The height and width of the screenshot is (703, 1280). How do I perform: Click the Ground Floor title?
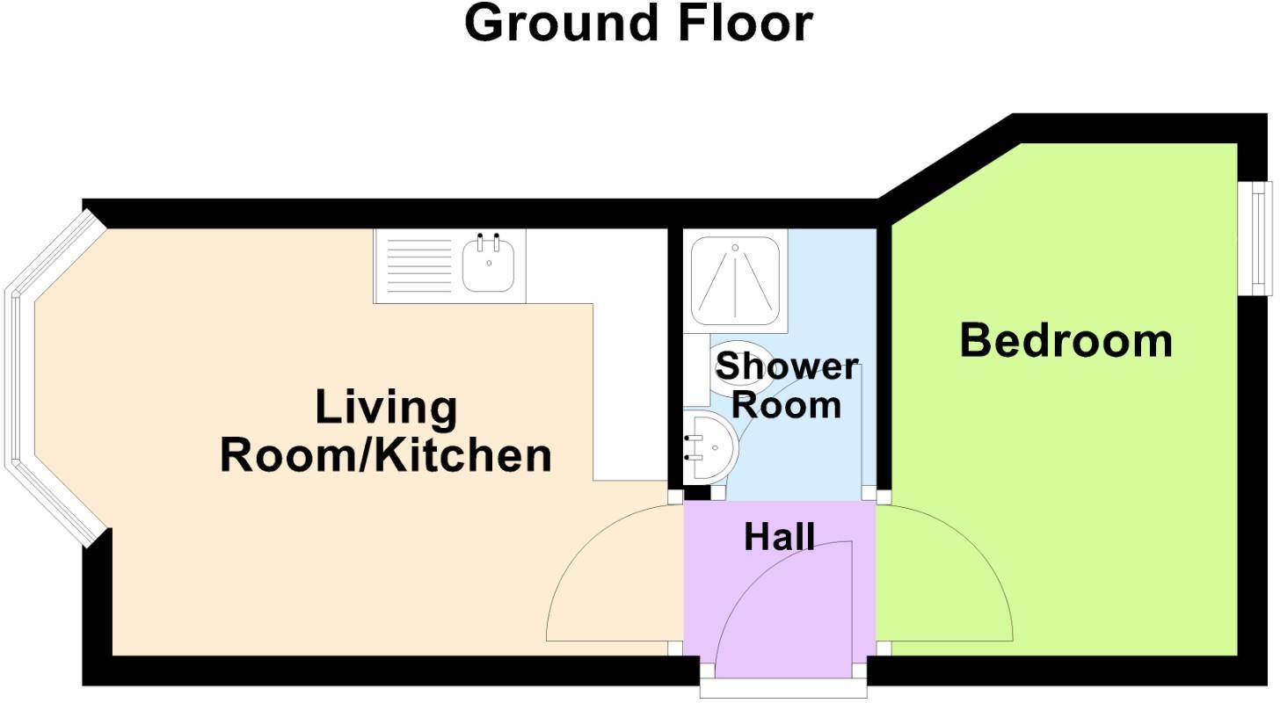coord(638,24)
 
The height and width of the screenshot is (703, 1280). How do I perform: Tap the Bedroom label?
coord(1065,341)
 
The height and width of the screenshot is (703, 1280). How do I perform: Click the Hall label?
coord(779,537)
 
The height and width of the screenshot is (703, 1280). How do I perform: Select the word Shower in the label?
coord(786,366)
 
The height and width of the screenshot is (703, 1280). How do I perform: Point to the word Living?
coord(386,408)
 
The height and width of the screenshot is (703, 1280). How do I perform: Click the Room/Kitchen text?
coord(385,455)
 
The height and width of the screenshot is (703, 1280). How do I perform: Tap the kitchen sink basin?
coord(489,266)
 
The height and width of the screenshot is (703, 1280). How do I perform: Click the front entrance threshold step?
coord(783,689)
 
